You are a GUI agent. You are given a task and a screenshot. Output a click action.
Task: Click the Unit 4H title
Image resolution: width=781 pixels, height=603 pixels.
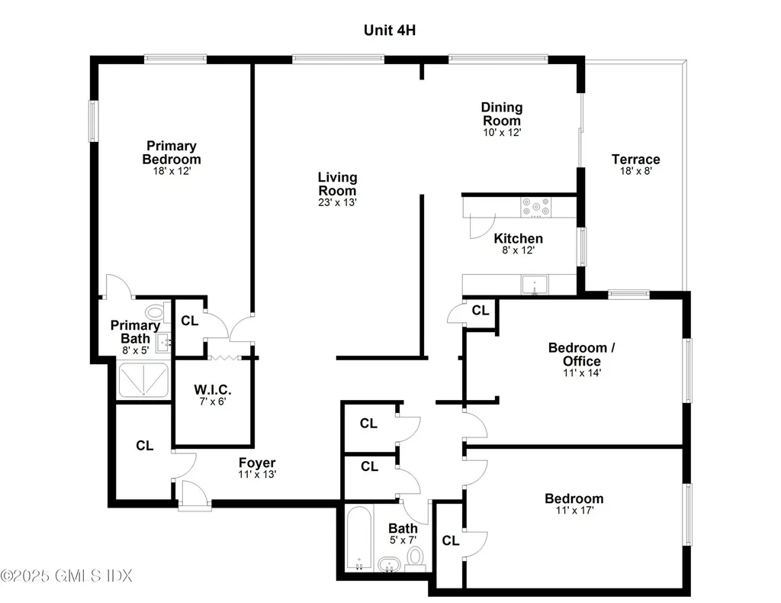(389, 31)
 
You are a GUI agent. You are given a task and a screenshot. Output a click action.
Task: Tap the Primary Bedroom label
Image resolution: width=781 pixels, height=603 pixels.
(172, 152)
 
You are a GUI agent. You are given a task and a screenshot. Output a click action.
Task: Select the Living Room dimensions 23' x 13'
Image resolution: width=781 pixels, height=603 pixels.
(337, 203)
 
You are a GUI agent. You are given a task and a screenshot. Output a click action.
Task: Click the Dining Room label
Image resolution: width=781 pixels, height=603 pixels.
(501, 114)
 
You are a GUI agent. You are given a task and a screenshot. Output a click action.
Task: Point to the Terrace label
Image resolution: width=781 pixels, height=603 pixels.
(635, 160)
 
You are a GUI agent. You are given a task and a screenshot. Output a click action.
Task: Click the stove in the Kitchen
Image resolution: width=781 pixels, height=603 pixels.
(537, 207)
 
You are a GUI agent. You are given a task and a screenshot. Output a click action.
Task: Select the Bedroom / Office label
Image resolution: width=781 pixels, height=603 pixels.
(581, 354)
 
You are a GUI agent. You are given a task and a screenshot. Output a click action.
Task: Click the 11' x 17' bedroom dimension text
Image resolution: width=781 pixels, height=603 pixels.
(574, 511)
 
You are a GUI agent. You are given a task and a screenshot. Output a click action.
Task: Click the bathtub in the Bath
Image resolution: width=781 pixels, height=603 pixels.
(358, 538)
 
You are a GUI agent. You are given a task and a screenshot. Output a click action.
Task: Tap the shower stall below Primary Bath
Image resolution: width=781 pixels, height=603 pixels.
(144, 379)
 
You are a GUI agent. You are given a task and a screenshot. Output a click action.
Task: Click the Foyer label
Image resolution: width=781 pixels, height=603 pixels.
(257, 463)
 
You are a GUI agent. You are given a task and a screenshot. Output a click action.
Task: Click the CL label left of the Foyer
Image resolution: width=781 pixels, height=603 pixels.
(145, 445)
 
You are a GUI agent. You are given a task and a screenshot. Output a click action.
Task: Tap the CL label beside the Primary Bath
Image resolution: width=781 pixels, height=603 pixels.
(189, 321)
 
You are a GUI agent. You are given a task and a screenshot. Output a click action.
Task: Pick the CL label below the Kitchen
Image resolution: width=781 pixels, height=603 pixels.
(480, 311)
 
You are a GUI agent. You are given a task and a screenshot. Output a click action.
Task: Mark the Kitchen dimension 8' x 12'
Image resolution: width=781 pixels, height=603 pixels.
(518, 250)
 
